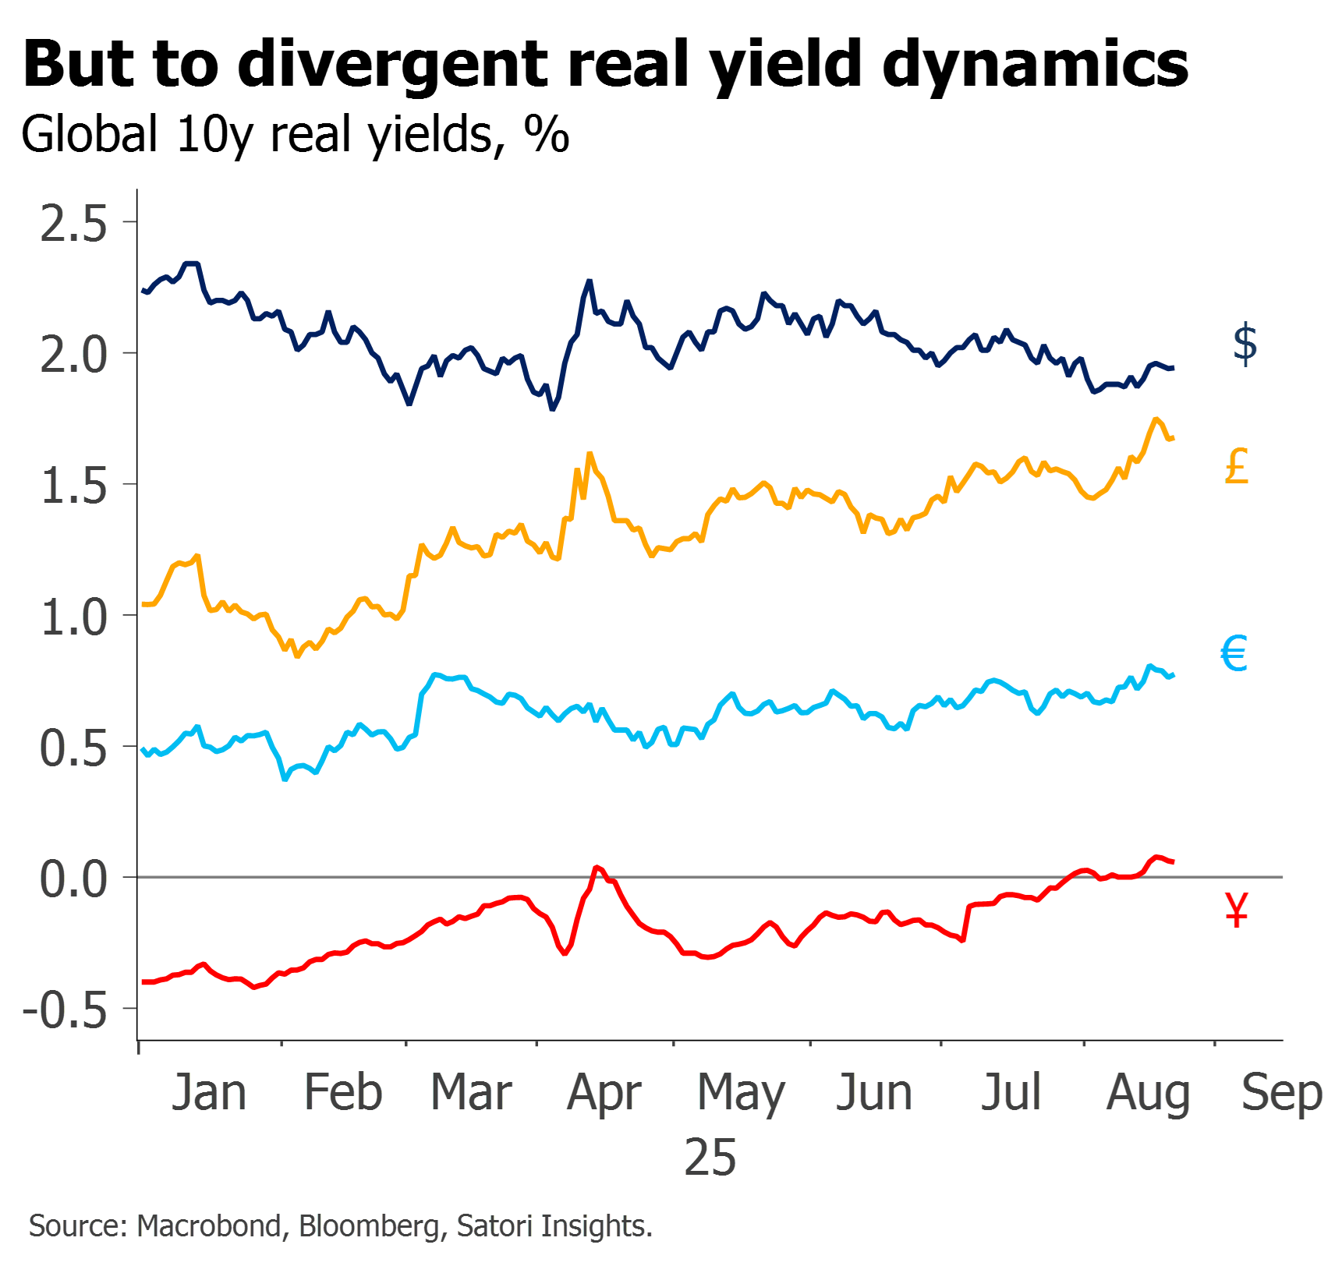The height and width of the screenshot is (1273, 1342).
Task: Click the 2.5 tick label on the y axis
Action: click(73, 225)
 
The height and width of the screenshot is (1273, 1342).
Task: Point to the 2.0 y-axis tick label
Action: click(73, 355)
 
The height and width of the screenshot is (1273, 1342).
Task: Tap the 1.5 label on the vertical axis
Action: click(73, 487)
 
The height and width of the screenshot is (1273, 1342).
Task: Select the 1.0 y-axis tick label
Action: click(73, 618)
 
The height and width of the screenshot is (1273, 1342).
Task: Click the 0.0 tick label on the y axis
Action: click(73, 880)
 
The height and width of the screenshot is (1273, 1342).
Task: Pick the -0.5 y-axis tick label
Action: click(65, 1011)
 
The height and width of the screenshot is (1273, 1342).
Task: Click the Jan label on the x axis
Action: click(209, 1092)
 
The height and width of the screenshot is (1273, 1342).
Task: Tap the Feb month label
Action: click(343, 1092)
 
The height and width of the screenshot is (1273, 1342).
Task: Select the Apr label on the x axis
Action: click(605, 1094)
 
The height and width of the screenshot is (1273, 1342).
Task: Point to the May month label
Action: click(742, 1094)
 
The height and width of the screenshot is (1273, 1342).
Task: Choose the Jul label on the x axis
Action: click(1011, 1092)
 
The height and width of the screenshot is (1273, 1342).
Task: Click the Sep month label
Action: click(1282, 1094)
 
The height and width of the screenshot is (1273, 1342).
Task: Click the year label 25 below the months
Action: click(710, 1157)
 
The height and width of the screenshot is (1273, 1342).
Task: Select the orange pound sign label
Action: click(1238, 466)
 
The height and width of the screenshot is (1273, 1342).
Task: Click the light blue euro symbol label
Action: click(1235, 653)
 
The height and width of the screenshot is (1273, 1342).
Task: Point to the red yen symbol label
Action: click(1238, 909)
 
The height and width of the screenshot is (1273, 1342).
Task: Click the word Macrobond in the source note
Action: click(209, 1226)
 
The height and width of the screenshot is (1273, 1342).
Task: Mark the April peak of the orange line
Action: click(590, 453)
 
